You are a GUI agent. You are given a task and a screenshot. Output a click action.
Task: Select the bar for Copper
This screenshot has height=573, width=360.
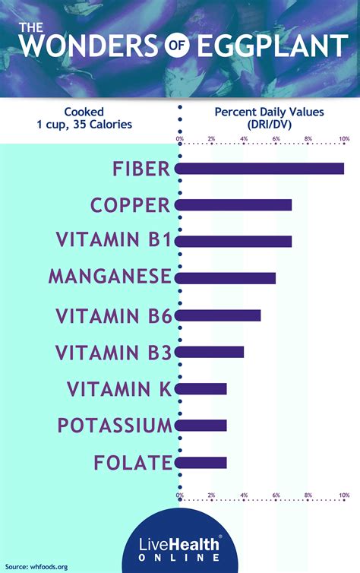[235, 205]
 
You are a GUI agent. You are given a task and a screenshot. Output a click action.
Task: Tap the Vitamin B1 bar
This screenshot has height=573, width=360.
[235, 242]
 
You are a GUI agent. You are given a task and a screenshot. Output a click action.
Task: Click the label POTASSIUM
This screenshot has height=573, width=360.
[115, 425]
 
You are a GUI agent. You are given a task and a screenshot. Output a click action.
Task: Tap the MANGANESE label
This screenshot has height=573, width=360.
[110, 277]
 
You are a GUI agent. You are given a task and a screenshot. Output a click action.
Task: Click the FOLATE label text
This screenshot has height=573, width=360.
[133, 461]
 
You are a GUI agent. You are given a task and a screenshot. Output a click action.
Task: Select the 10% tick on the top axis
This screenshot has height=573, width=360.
[344, 139]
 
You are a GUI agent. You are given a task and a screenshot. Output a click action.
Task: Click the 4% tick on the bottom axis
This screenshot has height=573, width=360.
[244, 495]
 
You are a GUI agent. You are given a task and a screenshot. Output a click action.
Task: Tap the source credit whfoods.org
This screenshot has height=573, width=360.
[37, 566]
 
